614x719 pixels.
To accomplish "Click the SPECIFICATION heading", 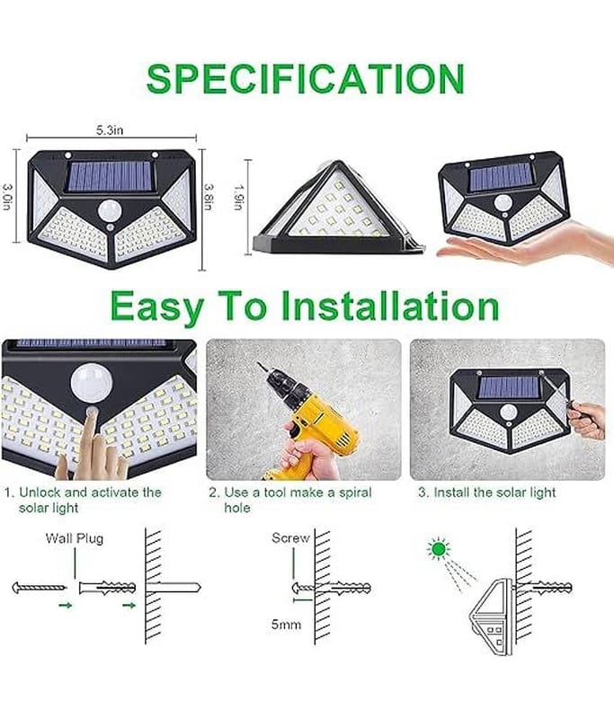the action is [x=306, y=79].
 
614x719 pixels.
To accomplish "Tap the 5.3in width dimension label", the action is [x=110, y=130].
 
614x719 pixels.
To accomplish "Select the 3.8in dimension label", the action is [x=209, y=197].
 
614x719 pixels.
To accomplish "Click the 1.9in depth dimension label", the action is [x=238, y=197].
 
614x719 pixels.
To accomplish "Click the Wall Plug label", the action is [x=75, y=537].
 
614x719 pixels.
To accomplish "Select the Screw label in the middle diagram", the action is [x=290, y=537].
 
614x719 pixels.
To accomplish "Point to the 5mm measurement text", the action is [x=286, y=624].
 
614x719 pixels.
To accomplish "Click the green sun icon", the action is [x=439, y=548].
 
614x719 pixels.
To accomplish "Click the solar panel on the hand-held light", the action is [x=502, y=178].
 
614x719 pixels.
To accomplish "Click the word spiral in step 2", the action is [x=355, y=493].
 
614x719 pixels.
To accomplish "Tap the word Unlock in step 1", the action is [x=40, y=493].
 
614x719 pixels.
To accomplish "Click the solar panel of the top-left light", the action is [x=110, y=176].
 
